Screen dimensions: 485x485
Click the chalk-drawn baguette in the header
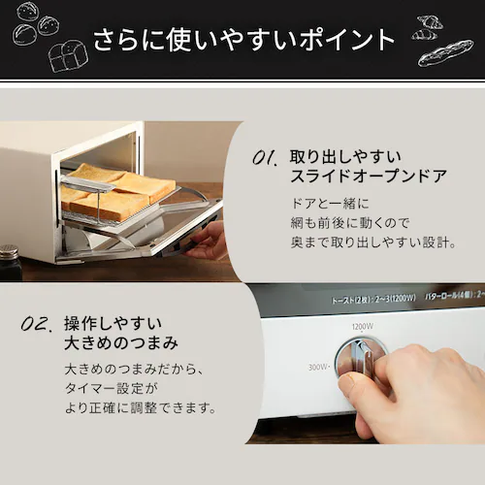[444, 51]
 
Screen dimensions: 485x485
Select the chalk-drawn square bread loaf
[67, 55]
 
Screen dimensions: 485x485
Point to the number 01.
[264, 157]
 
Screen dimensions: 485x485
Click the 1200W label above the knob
[363, 327]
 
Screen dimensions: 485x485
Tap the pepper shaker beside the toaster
[10, 262]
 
